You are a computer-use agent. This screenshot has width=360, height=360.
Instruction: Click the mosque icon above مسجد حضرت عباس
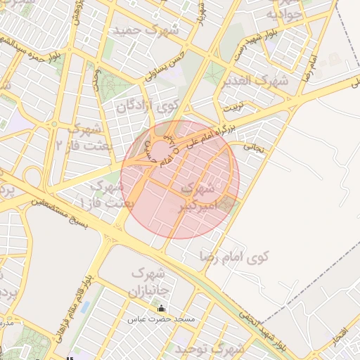161,308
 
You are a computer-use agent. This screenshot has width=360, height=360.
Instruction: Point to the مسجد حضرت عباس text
161,319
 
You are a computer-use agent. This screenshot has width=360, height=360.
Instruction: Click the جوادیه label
284,15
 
